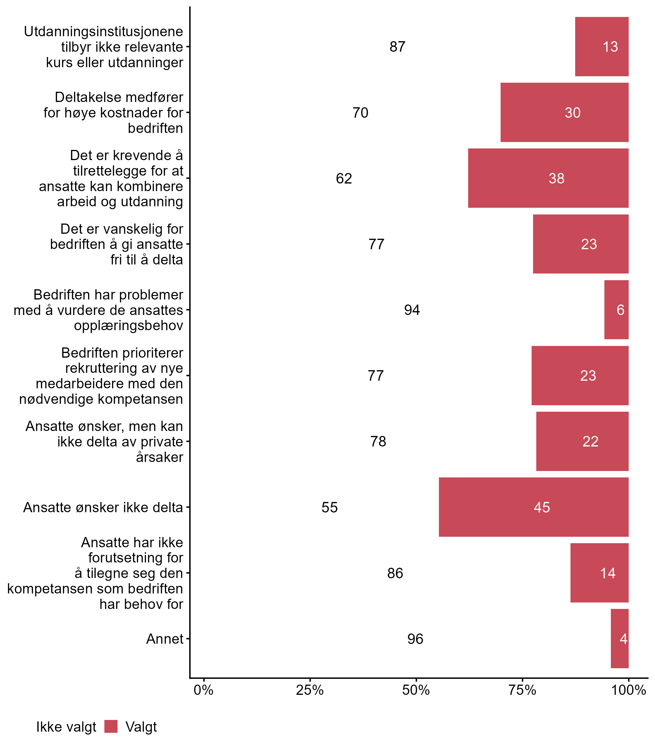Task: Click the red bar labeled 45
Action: [534, 507]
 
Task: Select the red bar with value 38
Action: [548, 178]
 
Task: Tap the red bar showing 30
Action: [564, 112]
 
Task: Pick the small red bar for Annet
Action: [620, 639]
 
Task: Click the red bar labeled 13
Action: [602, 47]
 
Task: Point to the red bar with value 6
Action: [616, 310]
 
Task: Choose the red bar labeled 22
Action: [582, 441]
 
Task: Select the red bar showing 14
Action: [599, 573]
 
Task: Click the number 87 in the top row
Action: [397, 47]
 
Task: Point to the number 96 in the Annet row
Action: [415, 639]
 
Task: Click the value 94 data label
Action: [412, 310]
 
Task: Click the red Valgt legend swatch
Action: [111, 726]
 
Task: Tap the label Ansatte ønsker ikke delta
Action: [103, 507]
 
